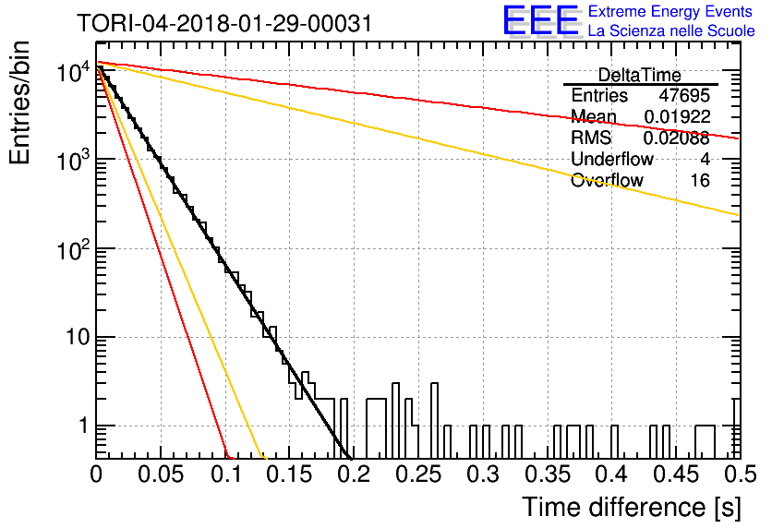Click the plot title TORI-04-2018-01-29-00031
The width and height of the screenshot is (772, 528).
point(224,24)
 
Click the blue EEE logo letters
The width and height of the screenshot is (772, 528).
point(541,20)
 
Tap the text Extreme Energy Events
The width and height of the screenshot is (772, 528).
point(670,11)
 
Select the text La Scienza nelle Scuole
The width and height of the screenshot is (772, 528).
point(671,31)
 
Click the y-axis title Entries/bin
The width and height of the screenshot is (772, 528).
point(19,102)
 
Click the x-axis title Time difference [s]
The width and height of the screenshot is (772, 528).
point(632,507)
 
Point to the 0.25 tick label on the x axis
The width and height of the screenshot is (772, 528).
point(418,474)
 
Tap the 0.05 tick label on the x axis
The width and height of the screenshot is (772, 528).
point(161,474)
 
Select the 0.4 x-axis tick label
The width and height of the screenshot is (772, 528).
point(612,474)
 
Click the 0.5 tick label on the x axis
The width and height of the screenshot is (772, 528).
point(741,474)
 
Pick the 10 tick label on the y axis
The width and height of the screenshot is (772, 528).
point(78,338)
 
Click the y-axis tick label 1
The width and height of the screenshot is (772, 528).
point(84,426)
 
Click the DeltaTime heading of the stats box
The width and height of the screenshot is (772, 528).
point(640,75)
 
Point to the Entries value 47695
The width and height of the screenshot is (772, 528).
point(684,95)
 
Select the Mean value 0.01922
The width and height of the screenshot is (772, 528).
point(678,116)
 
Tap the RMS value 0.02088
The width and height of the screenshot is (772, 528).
point(677,138)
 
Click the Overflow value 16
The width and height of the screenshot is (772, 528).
point(700,181)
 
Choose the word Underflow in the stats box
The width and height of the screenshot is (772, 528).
point(612,159)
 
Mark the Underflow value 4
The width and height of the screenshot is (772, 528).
point(705,159)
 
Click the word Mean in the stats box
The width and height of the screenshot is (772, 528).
point(594,116)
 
